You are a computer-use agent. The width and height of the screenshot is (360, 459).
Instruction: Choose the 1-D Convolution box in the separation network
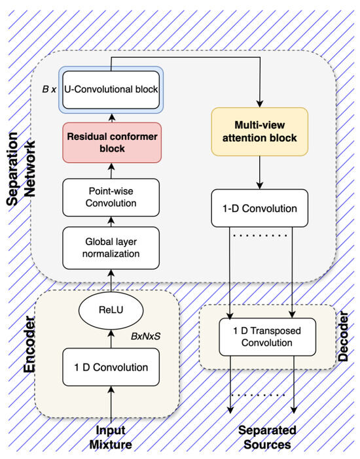260,209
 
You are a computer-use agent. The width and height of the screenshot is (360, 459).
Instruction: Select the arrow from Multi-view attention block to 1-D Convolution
260,175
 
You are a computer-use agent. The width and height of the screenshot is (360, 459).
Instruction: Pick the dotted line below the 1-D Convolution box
260,235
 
